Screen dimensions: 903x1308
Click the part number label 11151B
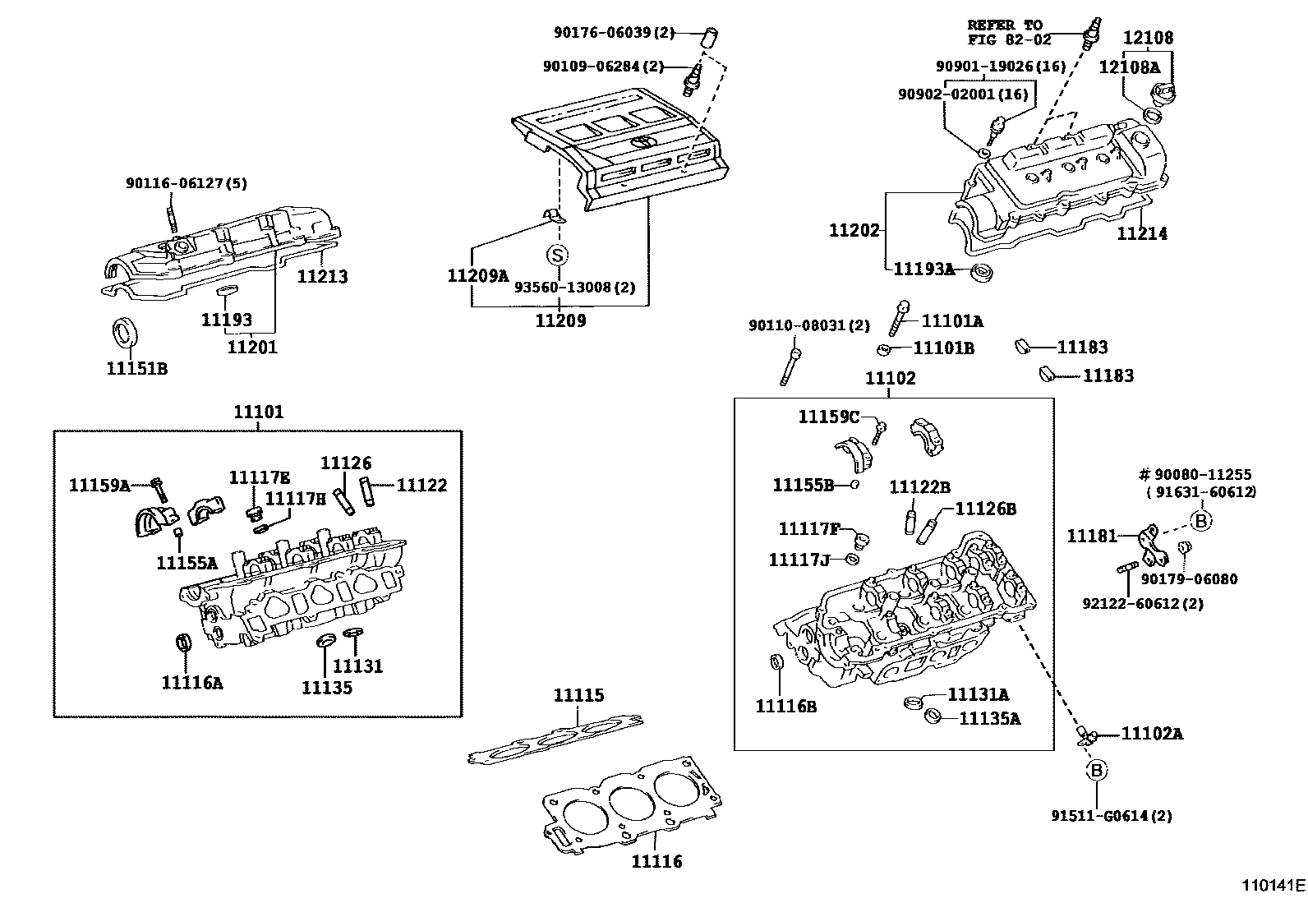pyautogui.click(x=136, y=369)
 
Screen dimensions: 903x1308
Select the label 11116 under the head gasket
pyautogui.click(x=656, y=861)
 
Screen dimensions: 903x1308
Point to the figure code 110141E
pyautogui.click(x=1273, y=886)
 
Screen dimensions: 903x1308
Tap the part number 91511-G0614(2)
pyautogui.click(x=1112, y=816)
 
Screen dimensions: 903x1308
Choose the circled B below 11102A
pyautogui.click(x=1097, y=770)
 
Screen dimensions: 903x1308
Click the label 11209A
pyautogui.click(x=478, y=275)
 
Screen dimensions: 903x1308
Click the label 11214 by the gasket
pyautogui.click(x=1141, y=233)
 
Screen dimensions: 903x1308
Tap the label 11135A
pyautogui.click(x=990, y=719)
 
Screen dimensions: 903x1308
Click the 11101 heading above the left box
pyautogui.click(x=258, y=412)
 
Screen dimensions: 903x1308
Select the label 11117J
pyautogui.click(x=799, y=560)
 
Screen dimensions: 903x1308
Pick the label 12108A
pyautogui.click(x=1130, y=67)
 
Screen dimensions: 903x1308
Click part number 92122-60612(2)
pyautogui.click(x=1143, y=604)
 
